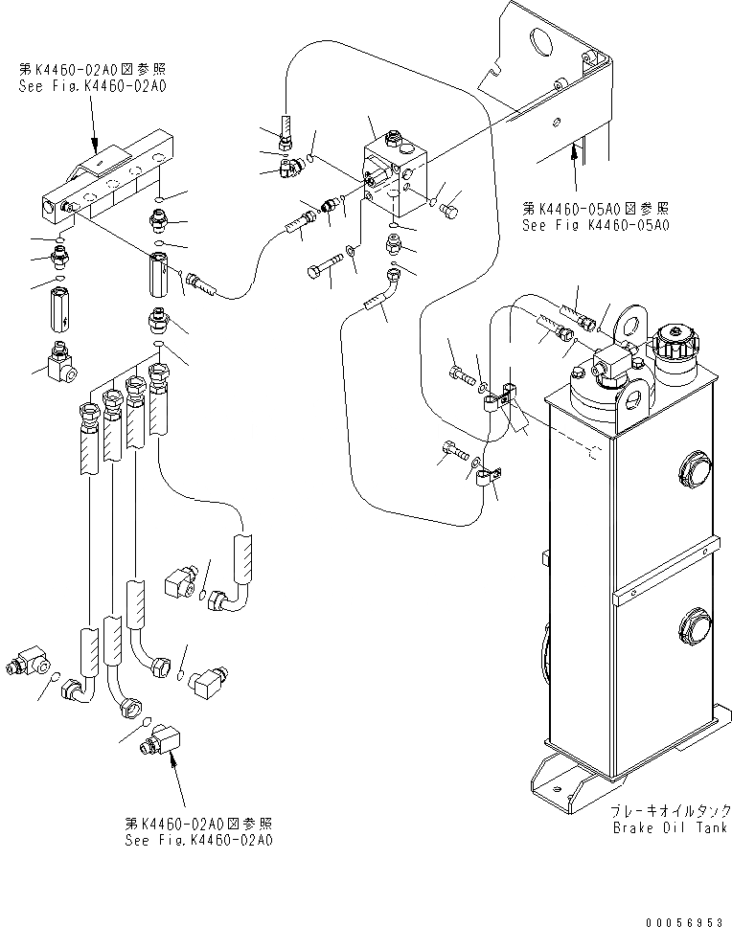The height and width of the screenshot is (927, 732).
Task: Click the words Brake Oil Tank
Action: coord(671,827)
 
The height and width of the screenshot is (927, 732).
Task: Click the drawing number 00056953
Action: coord(684,921)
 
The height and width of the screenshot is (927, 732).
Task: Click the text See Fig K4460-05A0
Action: coord(595,225)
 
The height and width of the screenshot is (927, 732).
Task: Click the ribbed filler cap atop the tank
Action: coord(675,342)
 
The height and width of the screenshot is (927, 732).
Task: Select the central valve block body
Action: coord(395,175)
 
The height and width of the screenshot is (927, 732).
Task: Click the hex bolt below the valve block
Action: coord(324,266)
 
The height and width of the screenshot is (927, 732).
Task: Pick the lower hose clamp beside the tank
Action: coord(488,477)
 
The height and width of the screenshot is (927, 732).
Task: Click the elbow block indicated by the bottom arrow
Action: coord(160,739)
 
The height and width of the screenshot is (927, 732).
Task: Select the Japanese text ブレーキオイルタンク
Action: coord(671,810)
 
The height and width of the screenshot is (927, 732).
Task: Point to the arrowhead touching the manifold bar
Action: coord(95,144)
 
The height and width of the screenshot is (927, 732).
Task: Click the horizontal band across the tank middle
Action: coord(666,572)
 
